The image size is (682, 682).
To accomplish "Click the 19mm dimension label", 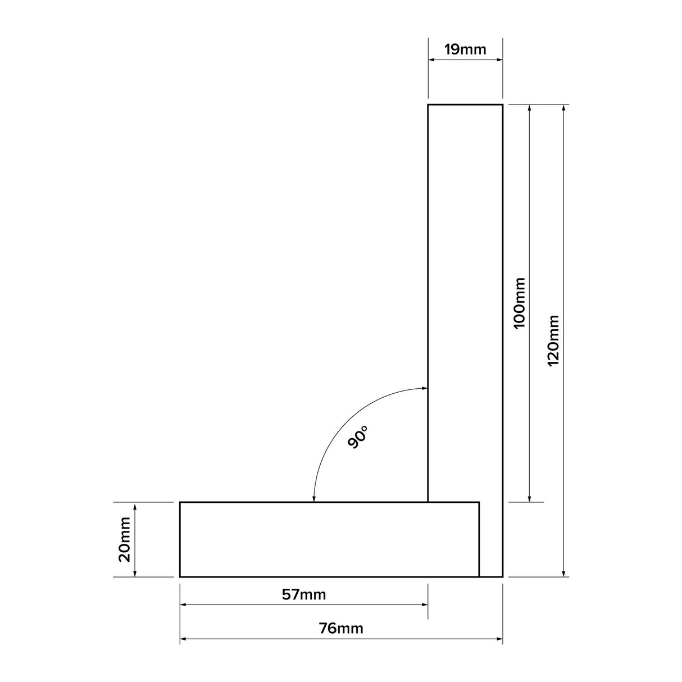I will point(465,49).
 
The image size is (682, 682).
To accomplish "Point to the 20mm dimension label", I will point(124,539).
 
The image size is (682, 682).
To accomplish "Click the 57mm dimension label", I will point(303,594).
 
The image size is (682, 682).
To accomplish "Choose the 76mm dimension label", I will point(341,628).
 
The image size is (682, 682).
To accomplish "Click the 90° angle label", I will point(357,437).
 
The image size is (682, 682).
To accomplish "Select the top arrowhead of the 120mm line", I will point(564,108).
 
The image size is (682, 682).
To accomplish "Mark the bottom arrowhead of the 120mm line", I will point(564,573).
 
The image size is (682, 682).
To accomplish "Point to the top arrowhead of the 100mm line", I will point(529,108).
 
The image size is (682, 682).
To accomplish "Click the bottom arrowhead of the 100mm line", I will point(529,498).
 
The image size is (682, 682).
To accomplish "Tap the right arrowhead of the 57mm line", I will point(425,605).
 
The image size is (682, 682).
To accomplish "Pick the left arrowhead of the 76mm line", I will point(183,639).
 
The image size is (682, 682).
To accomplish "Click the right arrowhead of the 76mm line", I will point(499,639).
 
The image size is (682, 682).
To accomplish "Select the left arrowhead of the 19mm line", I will point(431,59).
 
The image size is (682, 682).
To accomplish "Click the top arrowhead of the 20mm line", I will point(135,506).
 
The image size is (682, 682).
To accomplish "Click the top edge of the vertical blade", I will point(465,104).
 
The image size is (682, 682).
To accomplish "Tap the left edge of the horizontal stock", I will point(180,539).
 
